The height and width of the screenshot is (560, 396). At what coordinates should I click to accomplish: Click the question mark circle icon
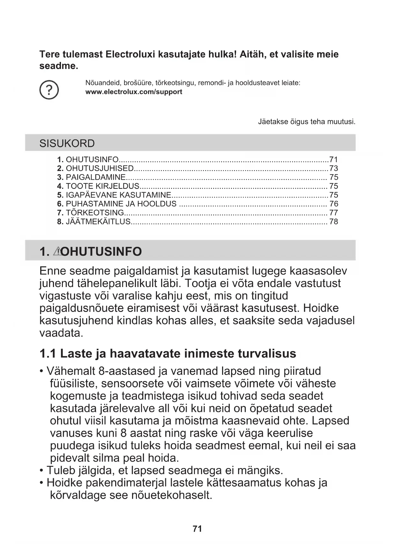(49, 90)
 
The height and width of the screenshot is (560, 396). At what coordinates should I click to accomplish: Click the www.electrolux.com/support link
(134, 92)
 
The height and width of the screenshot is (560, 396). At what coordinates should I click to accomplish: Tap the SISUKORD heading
(67, 143)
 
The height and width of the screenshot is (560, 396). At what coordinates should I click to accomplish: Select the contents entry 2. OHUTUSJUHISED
(96, 168)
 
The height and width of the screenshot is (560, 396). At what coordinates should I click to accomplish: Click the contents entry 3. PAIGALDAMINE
(92, 177)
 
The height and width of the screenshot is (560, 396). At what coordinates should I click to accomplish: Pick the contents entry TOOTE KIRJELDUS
(102, 186)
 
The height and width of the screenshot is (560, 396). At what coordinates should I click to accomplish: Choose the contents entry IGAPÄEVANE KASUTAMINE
(118, 195)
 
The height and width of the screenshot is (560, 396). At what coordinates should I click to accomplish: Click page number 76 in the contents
(334, 204)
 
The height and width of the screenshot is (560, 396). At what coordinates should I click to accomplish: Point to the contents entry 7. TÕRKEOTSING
(91, 213)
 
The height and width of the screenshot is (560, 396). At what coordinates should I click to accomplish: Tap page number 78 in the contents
(334, 222)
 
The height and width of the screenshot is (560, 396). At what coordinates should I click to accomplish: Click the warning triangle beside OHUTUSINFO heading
(57, 251)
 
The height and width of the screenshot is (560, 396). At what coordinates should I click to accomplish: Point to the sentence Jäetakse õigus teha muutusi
(306, 122)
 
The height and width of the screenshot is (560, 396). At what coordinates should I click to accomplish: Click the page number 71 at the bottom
(198, 529)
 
